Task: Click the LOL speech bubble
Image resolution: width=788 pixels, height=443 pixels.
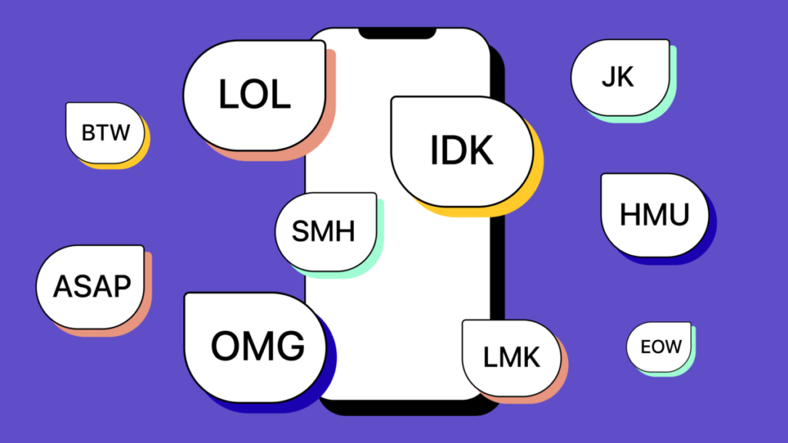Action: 254,95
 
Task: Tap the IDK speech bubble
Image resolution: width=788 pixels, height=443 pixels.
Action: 462,151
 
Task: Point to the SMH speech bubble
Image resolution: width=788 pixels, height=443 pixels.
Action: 326,231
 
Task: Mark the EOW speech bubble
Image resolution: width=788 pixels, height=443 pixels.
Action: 659,347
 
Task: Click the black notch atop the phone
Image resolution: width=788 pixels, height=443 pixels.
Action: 397,33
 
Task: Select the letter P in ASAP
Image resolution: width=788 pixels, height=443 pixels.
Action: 121,287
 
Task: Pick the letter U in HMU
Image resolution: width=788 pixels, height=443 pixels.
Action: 676,215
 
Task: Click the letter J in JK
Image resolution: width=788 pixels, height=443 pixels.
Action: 609,78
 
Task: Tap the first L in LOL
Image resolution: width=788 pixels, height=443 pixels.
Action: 229,94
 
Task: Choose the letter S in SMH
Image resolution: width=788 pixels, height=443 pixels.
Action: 302,231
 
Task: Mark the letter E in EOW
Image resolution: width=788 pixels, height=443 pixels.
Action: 646,347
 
